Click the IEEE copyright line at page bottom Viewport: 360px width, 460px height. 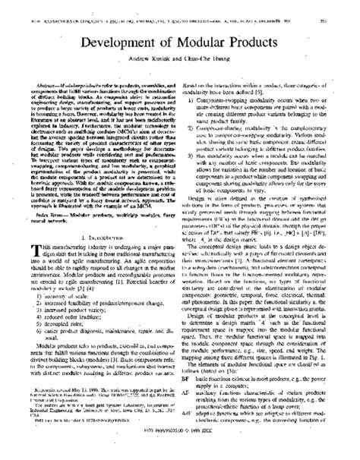click(x=180, y=447)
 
